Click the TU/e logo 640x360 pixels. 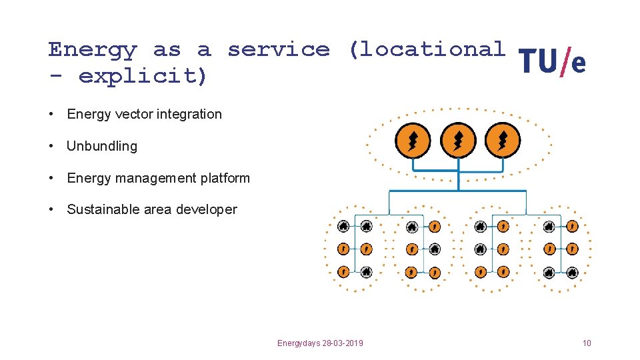click(552, 63)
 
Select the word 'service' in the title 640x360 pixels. click(278, 50)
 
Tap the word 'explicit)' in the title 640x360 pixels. click(143, 76)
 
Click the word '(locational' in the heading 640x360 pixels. click(427, 50)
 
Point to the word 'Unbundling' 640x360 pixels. click(102, 146)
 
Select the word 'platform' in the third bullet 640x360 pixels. click(225, 178)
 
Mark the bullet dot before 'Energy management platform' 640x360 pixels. click(51, 178)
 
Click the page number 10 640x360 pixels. click(586, 343)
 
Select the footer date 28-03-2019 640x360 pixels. click(342, 343)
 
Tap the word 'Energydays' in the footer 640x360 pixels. click(299, 343)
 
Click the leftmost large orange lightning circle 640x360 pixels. click(413, 141)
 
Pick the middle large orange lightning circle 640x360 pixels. click(458, 141)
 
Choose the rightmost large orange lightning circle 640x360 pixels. click(503, 141)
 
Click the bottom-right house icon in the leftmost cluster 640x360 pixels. click(366, 272)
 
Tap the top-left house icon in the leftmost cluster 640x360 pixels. click(343, 227)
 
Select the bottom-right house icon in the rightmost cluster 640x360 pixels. click(572, 272)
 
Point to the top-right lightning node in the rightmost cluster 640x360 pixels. click(572, 227)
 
